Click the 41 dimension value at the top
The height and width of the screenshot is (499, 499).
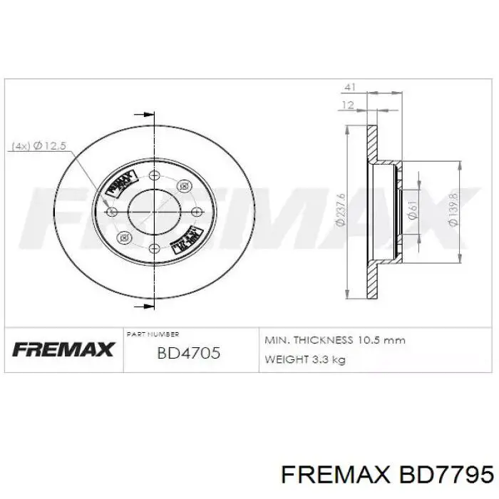point(349,87)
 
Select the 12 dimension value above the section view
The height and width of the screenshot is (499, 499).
point(347,105)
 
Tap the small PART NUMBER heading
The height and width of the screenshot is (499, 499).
point(153,334)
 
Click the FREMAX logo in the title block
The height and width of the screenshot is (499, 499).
point(63,349)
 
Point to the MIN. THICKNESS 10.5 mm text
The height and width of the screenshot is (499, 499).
point(335,340)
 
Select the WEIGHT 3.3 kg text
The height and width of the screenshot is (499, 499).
point(305,359)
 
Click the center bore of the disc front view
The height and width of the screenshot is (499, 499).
point(153,211)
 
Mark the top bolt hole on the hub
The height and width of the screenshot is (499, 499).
point(153,175)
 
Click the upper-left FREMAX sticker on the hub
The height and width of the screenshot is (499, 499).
point(120,182)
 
